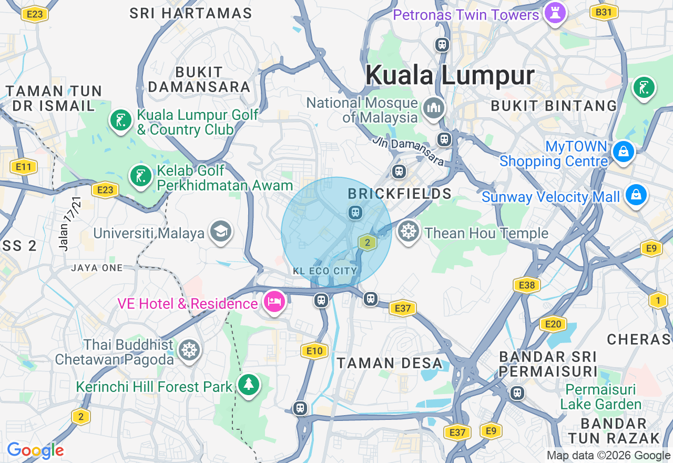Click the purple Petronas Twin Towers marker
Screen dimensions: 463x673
point(555,13)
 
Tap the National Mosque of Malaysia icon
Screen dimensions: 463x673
point(434,109)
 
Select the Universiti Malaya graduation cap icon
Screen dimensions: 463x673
point(221,231)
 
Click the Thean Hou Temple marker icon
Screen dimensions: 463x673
point(409,232)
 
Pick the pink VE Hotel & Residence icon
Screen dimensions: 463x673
point(275,302)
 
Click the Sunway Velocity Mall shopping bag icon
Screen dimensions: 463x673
point(636,196)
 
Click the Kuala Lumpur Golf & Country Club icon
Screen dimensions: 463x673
point(121,120)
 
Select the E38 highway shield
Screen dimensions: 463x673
point(526,286)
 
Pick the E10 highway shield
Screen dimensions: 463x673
point(314,351)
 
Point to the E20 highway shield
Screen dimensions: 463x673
point(553,324)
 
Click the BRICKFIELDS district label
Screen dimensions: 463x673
point(400,194)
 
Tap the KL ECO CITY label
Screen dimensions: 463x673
point(325,271)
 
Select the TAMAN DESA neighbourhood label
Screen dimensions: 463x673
point(390,363)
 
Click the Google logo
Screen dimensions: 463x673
point(35,450)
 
